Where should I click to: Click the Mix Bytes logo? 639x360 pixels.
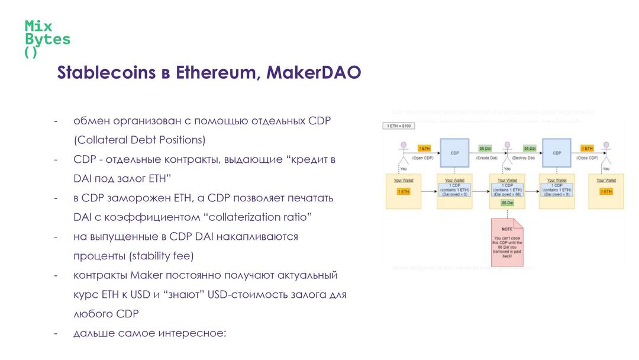click(x=47, y=39)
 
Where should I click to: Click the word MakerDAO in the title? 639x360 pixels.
click(x=314, y=73)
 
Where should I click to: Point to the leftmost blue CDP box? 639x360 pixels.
click(x=454, y=152)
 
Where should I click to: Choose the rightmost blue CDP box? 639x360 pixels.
click(x=556, y=152)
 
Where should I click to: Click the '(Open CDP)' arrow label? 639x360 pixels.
click(x=424, y=158)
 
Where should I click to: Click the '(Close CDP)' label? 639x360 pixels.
click(x=587, y=158)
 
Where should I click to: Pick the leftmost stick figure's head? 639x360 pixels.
click(x=405, y=144)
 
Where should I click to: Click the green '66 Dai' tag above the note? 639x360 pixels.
click(x=507, y=202)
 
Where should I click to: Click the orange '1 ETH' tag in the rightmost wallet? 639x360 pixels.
click(x=606, y=191)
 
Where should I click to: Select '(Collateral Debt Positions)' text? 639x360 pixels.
click(x=140, y=140)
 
